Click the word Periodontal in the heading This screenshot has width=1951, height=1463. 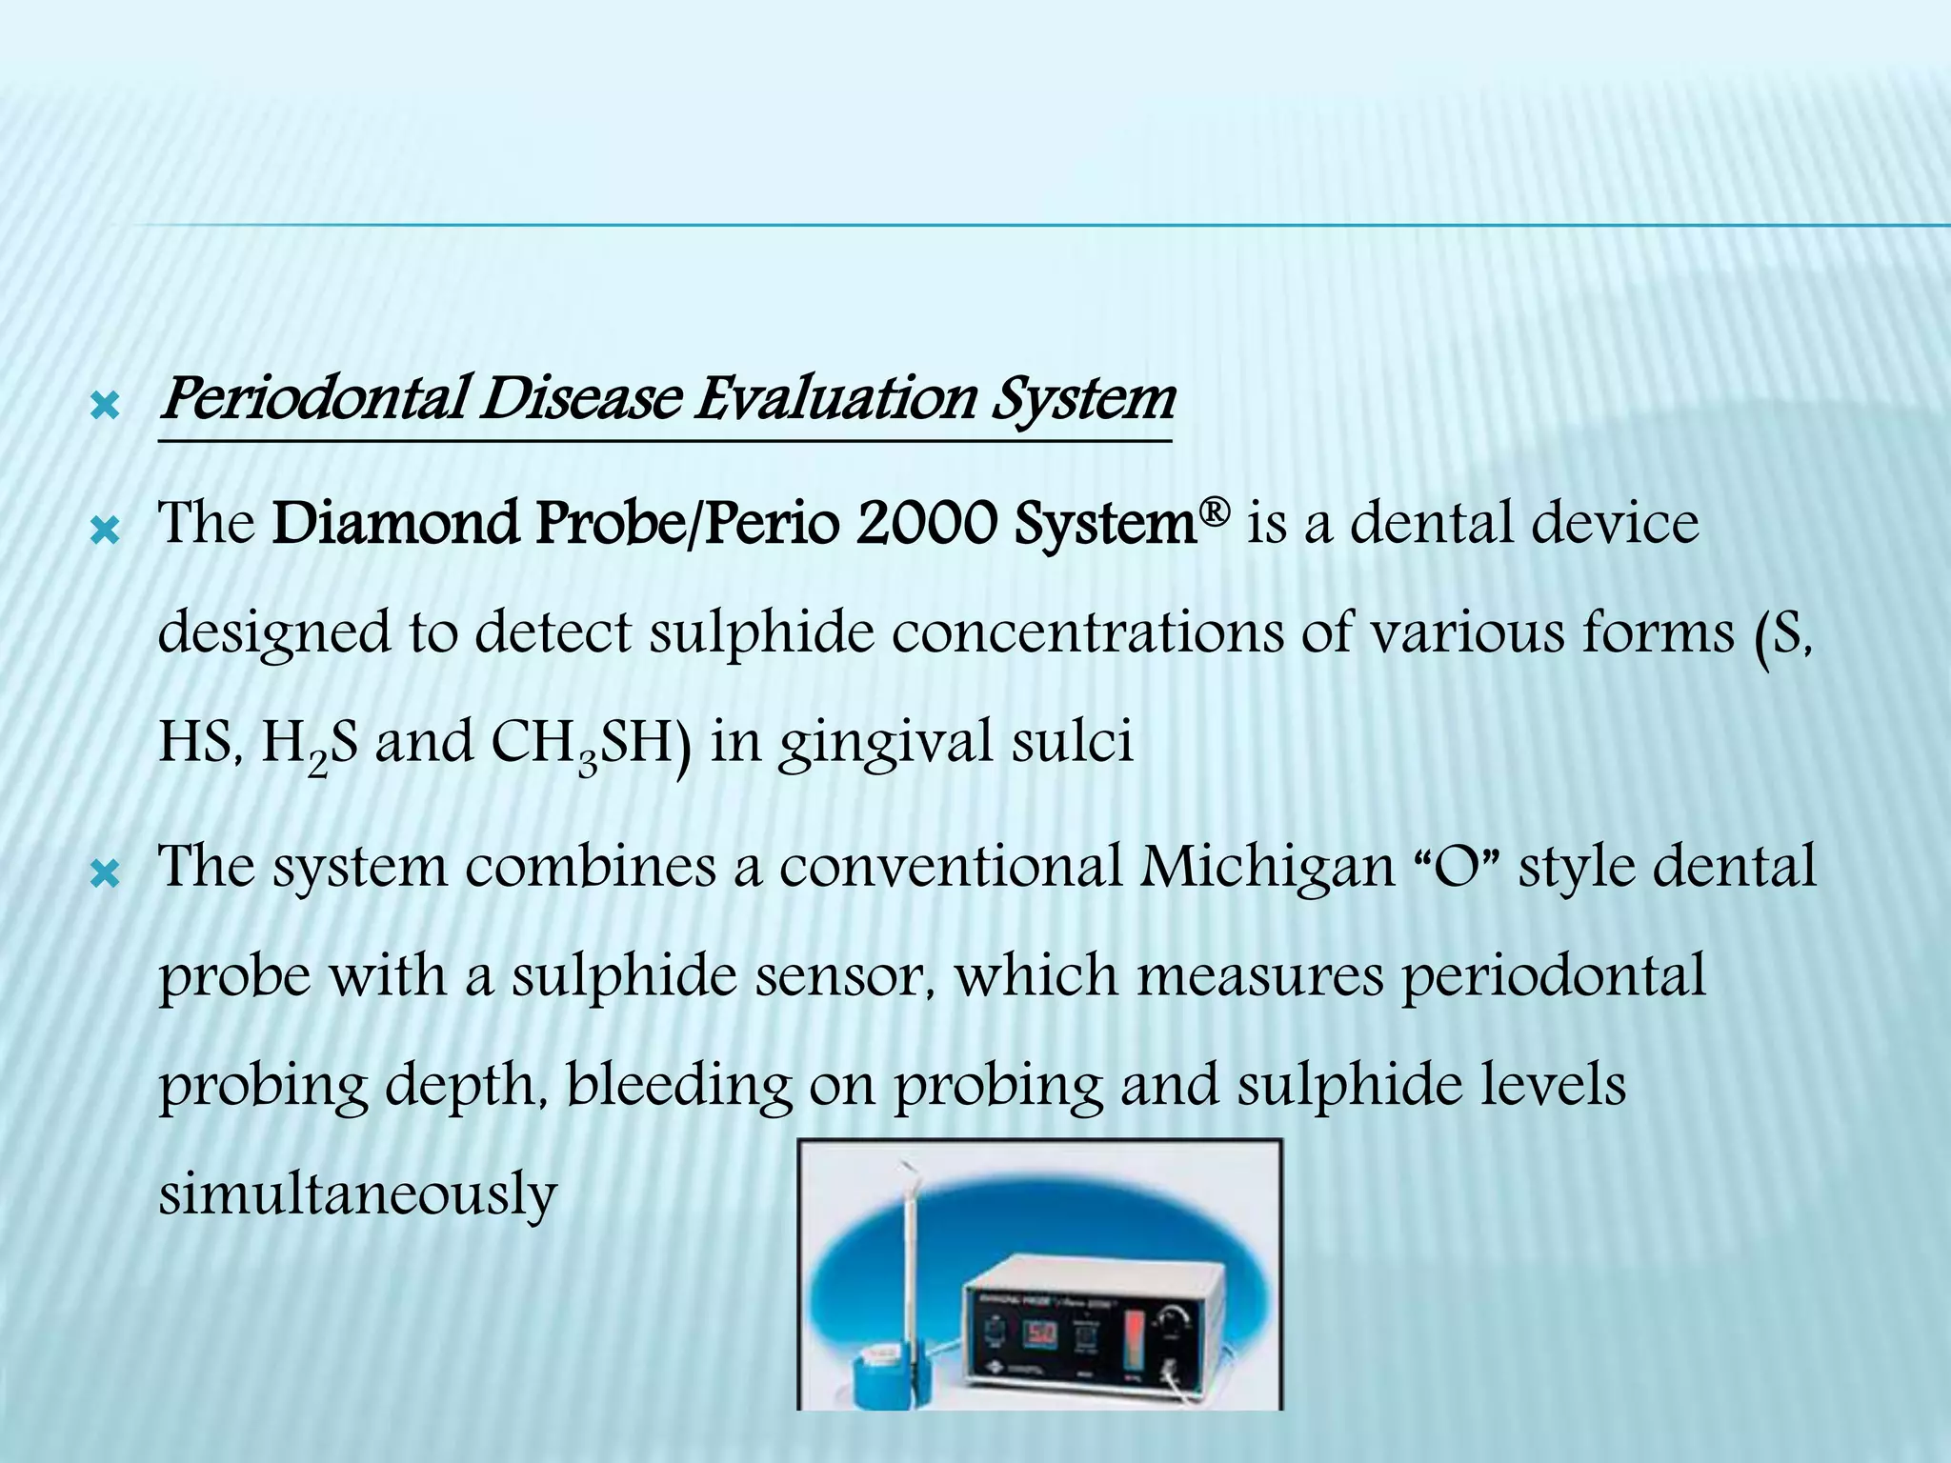[x=314, y=400]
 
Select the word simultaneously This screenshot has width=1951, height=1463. [x=357, y=1194]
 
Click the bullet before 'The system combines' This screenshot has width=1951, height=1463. [x=103, y=874]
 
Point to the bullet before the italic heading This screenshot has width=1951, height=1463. [x=103, y=409]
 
